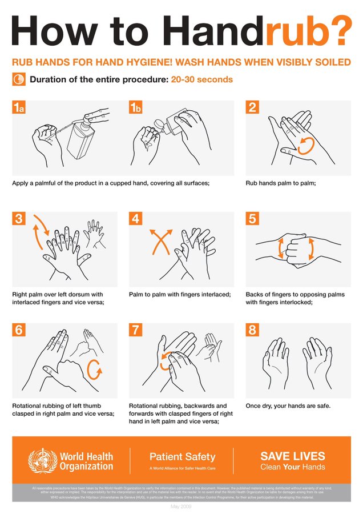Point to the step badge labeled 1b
coord(136,109)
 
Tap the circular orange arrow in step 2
coord(306,144)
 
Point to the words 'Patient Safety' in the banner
coord(182,456)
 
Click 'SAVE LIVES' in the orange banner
coord(293,456)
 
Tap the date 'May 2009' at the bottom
coord(181,507)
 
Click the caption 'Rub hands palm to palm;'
coord(281,183)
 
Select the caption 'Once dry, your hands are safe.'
coord(288,406)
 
